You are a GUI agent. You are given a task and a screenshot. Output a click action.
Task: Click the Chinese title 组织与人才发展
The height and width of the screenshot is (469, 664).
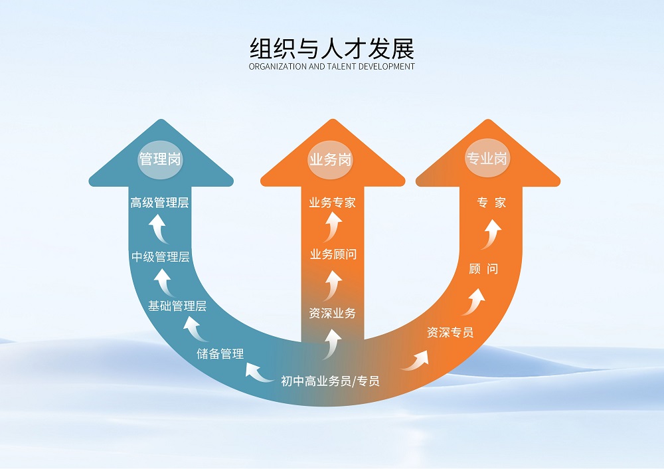click(331, 48)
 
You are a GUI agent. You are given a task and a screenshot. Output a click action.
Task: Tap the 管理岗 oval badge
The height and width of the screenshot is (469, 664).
click(160, 159)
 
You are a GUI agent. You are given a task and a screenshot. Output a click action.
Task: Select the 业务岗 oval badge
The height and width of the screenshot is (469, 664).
click(331, 159)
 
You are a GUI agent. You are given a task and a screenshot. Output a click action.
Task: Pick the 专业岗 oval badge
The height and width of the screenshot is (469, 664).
click(487, 159)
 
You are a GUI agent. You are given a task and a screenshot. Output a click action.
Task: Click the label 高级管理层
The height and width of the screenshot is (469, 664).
click(159, 203)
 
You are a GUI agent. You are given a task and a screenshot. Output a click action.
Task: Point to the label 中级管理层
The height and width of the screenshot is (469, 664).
click(160, 256)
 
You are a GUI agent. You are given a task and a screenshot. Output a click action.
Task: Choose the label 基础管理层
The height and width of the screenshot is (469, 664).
click(177, 306)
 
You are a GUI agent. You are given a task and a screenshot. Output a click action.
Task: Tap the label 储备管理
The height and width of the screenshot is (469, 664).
click(220, 353)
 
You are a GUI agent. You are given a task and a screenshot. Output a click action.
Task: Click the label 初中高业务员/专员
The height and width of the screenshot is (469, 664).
click(330, 381)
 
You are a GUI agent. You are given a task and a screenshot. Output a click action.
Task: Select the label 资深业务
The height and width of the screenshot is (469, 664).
click(332, 313)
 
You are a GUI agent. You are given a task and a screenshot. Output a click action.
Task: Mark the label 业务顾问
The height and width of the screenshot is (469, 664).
click(333, 254)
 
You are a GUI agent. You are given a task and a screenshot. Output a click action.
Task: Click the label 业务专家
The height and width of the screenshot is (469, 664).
click(332, 203)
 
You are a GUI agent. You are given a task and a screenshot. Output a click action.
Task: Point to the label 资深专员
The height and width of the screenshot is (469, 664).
click(450, 332)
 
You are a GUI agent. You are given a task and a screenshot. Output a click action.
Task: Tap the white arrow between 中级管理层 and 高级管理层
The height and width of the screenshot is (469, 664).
click(157, 230)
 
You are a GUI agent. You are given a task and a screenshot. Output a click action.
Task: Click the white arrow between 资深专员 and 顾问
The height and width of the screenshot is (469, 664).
click(473, 302)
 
